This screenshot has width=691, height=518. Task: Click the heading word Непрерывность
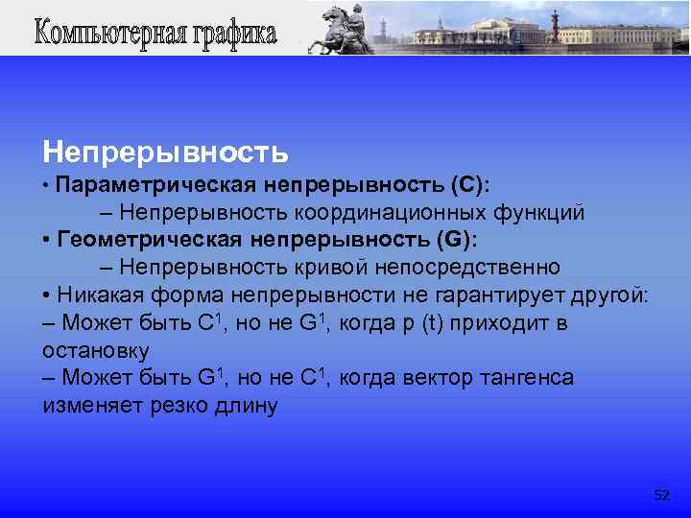(x=164, y=152)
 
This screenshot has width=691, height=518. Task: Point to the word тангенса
(x=527, y=378)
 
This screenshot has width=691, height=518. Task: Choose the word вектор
(x=434, y=378)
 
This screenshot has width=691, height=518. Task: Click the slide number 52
(x=661, y=495)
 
